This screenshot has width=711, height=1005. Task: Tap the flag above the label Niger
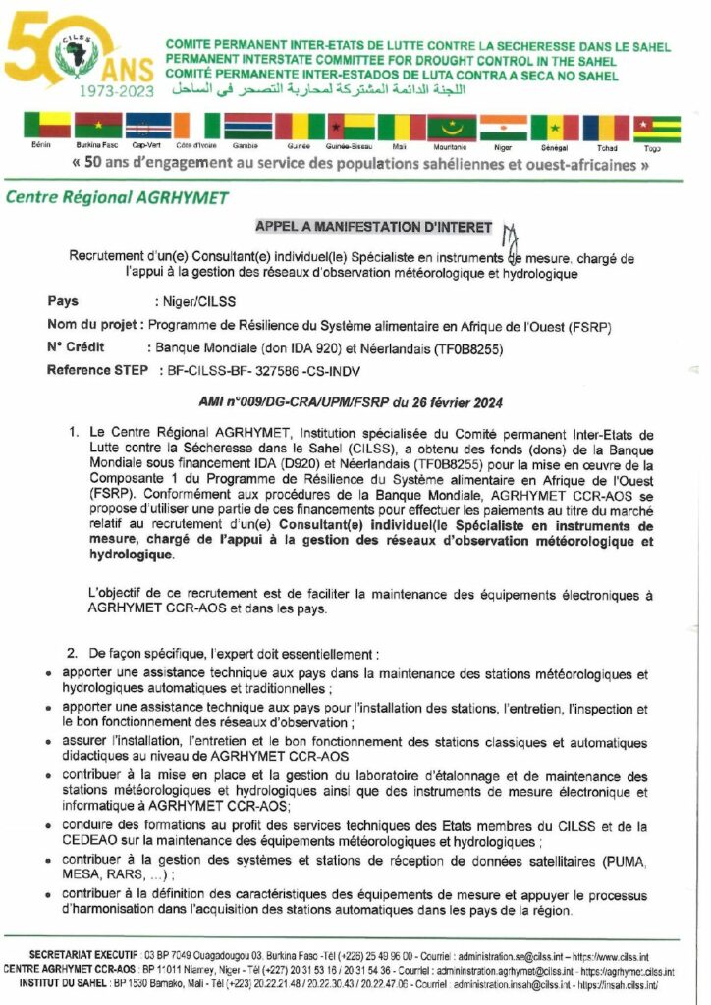pyautogui.click(x=503, y=128)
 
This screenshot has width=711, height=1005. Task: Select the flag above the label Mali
pyautogui.click(x=401, y=128)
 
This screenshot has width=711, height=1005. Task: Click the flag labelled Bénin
pyautogui.click(x=48, y=126)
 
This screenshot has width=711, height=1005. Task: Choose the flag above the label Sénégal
pyautogui.click(x=555, y=128)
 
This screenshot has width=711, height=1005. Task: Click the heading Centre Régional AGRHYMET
pyautogui.click(x=117, y=197)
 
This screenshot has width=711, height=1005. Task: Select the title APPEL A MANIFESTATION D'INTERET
pyautogui.click(x=373, y=227)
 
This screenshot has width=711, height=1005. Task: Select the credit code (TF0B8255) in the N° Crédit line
pyautogui.click(x=462, y=347)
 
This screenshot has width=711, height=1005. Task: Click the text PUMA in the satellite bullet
pyautogui.click(x=625, y=861)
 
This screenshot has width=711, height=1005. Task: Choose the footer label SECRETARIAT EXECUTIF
pyautogui.click(x=84, y=956)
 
